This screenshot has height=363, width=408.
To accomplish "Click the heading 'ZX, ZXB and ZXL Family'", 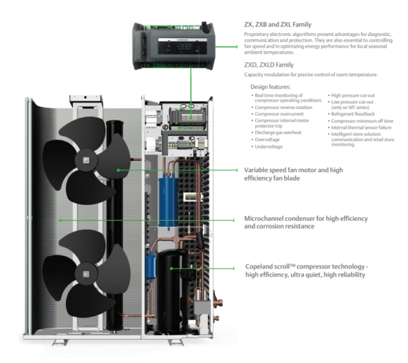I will tap(277, 25).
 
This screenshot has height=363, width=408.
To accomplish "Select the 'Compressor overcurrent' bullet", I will tap(281, 115).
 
